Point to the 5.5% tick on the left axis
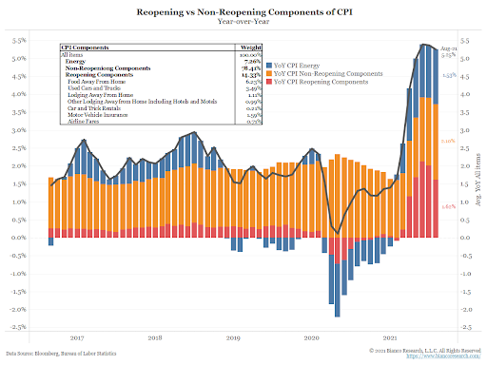(x=19, y=42)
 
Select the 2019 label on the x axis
(x=234, y=337)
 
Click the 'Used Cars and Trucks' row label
(x=92, y=87)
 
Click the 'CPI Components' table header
(x=82, y=47)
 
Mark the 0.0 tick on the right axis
(x=464, y=238)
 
